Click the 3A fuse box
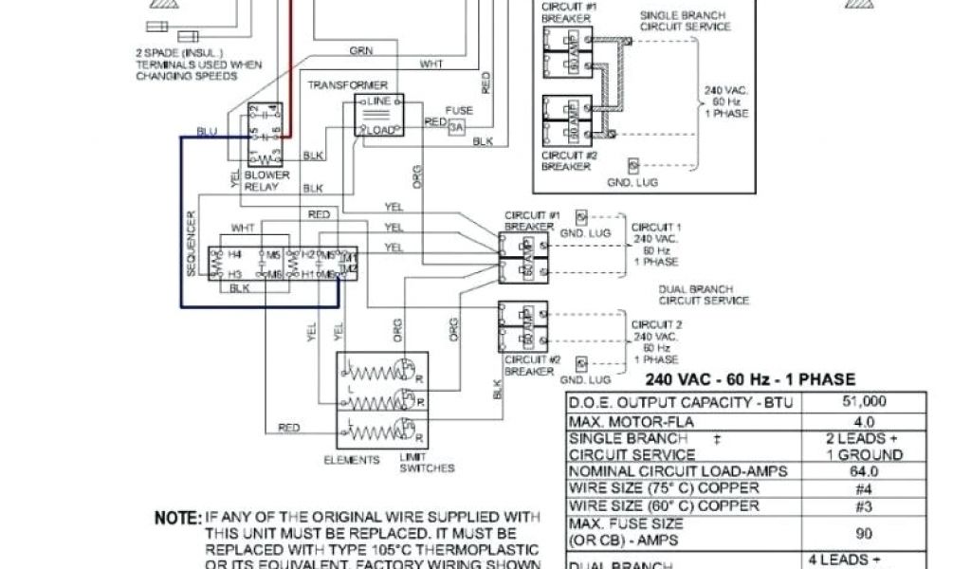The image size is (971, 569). coord(458,126)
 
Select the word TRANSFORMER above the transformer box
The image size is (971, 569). coord(348,85)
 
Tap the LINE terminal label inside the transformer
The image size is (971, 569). coord(379,101)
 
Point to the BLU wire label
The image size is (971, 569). coord(206,131)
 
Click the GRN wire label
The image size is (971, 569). coord(360,50)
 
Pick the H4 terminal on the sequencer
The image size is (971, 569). coord(234,255)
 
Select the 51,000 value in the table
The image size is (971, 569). coord(865,401)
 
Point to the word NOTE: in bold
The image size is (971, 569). coord(178,519)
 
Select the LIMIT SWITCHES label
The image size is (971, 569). coord(427,463)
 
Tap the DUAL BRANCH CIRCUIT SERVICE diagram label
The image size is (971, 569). coord(703,295)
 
